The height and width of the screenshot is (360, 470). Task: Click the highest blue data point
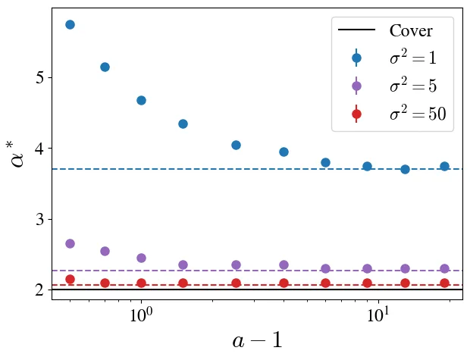coord(70,24)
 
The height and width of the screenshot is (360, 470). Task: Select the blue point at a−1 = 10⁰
coord(141,100)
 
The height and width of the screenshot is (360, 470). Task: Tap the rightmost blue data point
coord(444,167)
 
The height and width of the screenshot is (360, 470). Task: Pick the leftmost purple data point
coord(70,244)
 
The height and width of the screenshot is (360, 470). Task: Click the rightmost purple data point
coord(444,268)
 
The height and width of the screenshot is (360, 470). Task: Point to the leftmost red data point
coord(70,280)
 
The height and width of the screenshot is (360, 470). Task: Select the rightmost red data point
coord(444,283)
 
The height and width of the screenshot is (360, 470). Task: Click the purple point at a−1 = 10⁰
coord(141,258)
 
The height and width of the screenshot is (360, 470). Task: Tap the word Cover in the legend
coord(411,30)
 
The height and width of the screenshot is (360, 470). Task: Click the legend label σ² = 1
coord(412,57)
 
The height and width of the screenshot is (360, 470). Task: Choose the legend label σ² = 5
coord(412,85)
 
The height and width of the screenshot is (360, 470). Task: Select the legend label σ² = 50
coord(418,114)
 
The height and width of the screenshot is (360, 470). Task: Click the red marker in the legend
coord(356,114)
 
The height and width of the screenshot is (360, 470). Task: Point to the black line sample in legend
coord(356,30)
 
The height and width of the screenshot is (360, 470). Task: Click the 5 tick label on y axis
coord(39,78)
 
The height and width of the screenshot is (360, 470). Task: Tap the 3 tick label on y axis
coord(39,220)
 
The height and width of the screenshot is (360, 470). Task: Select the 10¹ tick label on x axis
coord(378,315)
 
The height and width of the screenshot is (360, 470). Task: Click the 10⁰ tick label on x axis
coord(141,315)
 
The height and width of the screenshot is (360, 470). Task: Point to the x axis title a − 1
coord(257,340)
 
